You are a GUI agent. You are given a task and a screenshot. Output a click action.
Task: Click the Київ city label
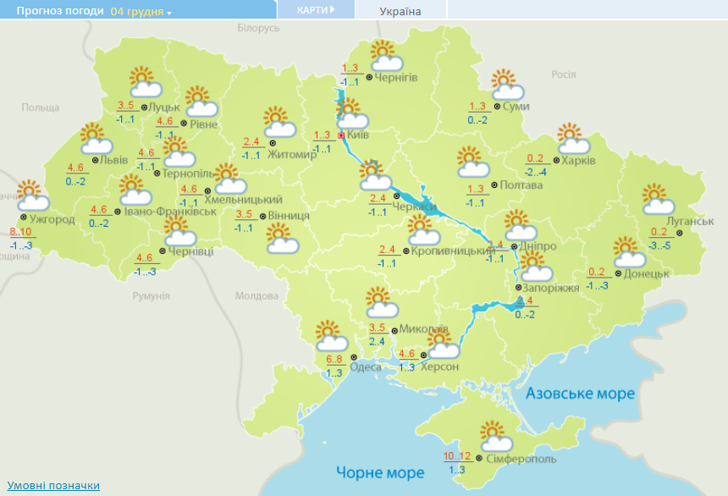(358, 135)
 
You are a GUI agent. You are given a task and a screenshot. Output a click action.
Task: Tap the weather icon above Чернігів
(385, 56)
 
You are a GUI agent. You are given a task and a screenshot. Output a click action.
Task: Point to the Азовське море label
(580, 394)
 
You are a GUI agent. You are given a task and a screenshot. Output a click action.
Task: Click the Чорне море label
(380, 471)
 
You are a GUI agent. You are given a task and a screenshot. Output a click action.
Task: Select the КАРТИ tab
(315, 9)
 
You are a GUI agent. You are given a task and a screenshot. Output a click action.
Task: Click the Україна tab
(400, 11)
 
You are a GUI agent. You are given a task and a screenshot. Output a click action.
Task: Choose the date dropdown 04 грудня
(141, 12)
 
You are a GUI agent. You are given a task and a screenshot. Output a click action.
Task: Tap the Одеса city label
(365, 366)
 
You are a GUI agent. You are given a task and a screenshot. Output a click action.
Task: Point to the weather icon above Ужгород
(31, 196)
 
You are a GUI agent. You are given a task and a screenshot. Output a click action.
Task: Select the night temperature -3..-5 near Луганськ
(660, 246)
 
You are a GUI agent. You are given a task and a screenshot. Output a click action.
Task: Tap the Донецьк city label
(648, 273)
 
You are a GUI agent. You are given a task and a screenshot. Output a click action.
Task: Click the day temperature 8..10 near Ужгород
(21, 232)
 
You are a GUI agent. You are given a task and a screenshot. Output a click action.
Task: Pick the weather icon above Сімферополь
(495, 437)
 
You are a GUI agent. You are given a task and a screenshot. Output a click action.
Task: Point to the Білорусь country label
(258, 28)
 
